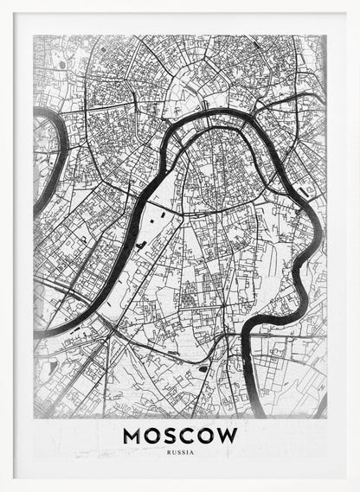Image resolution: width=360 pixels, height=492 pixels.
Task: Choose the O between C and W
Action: (x=210, y=435)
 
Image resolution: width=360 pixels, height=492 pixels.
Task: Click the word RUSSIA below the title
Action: (x=180, y=451)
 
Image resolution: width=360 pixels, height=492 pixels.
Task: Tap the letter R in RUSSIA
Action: (x=169, y=451)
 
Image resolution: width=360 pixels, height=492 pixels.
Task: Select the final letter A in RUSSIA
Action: (x=192, y=451)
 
